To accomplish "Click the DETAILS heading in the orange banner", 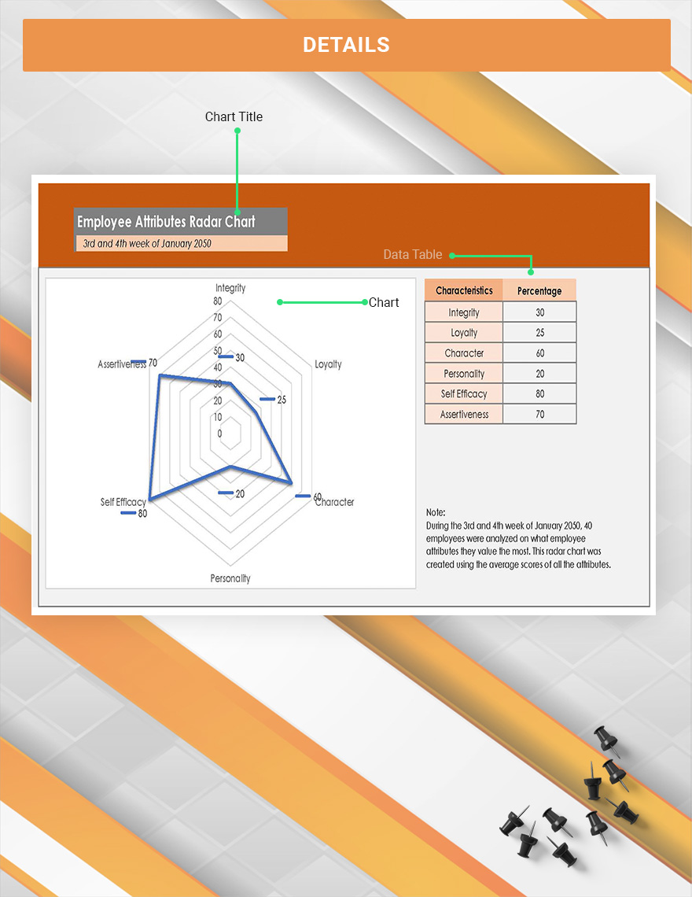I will (346, 45).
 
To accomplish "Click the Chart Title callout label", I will (234, 116).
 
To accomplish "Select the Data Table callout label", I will (413, 254).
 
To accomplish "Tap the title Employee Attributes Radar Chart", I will (166, 221).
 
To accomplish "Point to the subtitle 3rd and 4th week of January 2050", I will (147, 243).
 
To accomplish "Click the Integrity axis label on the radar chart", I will (230, 288).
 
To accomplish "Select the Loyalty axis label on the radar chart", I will (328, 364).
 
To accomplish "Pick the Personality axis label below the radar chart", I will (230, 578).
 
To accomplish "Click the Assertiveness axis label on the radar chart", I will (121, 364).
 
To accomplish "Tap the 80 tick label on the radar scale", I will (218, 301).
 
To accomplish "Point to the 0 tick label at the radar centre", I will (219, 434).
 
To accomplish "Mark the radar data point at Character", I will (292, 482).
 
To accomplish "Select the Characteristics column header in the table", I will (464, 290).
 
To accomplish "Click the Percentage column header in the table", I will (539, 291).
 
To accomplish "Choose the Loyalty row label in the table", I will (464, 333).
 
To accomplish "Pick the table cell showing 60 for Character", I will (539, 353).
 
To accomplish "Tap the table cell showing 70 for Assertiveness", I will (539, 415).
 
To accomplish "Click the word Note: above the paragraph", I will (436, 512).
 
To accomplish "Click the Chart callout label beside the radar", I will (384, 302).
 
